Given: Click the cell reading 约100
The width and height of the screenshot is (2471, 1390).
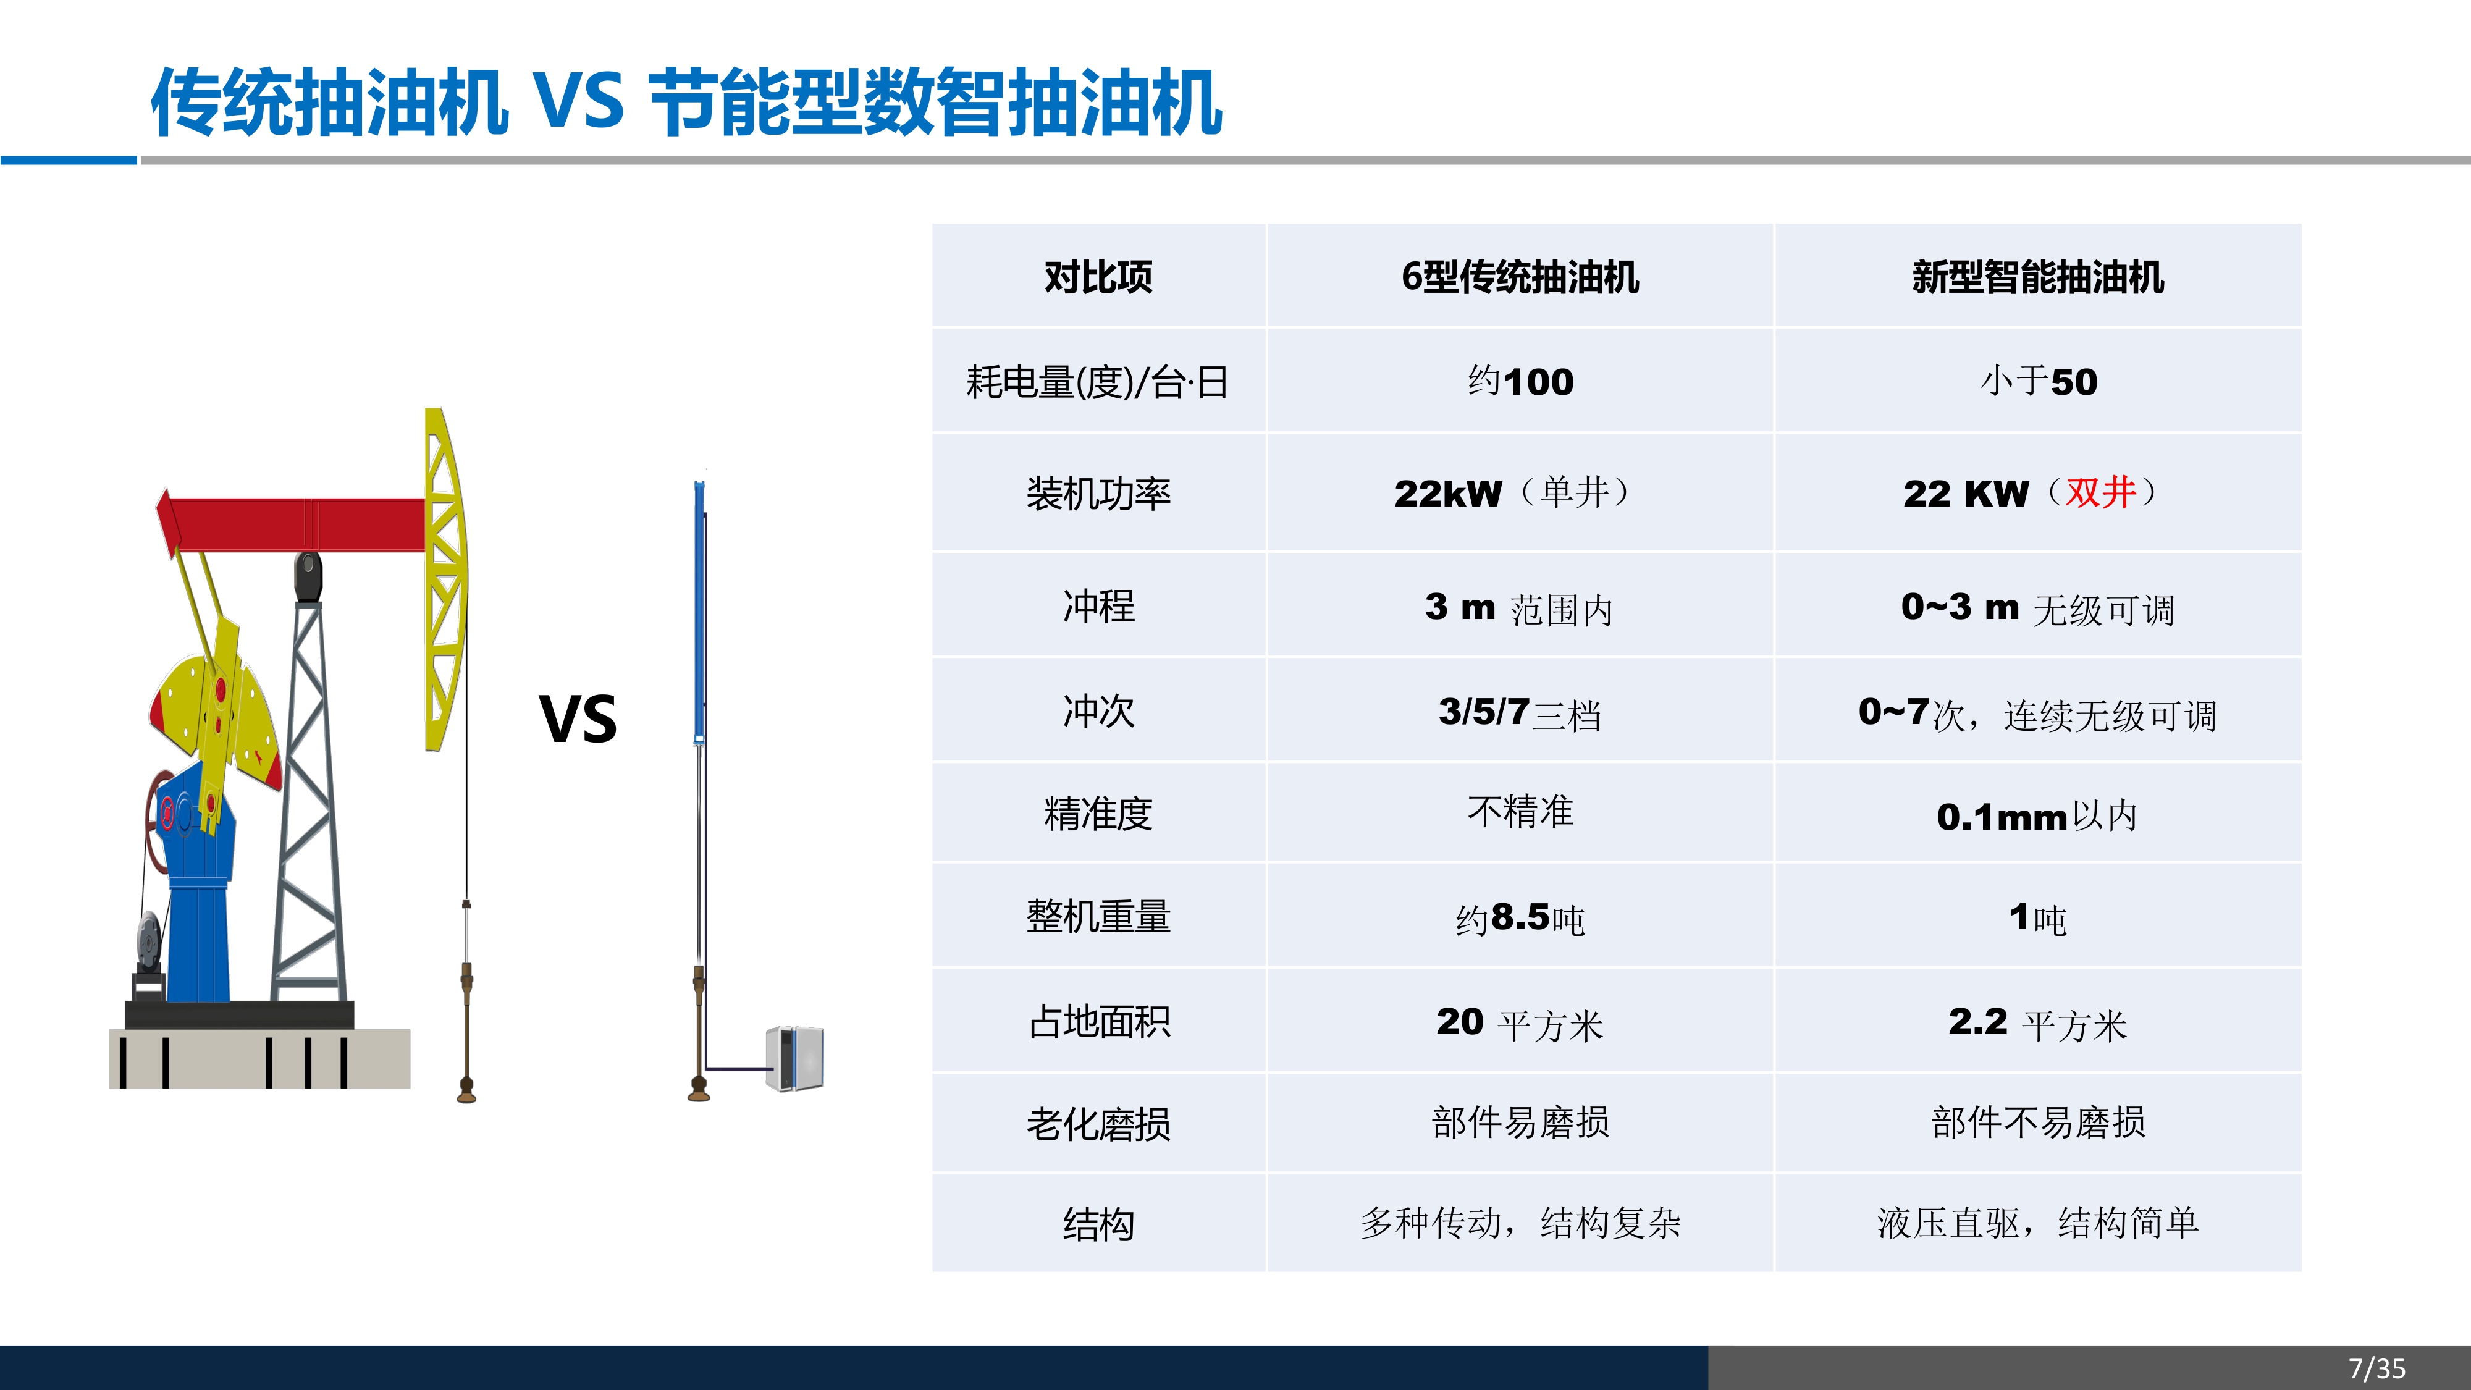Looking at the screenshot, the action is coord(1520,381).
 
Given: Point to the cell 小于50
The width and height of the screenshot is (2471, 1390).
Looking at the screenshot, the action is coord(2039,381).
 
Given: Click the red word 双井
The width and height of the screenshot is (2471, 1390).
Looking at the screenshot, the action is coord(2101,492).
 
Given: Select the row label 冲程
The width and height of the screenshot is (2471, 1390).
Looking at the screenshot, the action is coord(1098,606).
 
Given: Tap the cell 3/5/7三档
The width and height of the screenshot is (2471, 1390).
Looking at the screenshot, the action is coord(1520,713).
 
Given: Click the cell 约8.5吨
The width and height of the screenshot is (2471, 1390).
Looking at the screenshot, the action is coord(1520,918).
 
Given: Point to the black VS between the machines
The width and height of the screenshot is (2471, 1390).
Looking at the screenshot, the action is coord(578,718).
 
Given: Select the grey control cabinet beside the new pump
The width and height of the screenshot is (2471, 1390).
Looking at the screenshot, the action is coord(795,1058).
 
